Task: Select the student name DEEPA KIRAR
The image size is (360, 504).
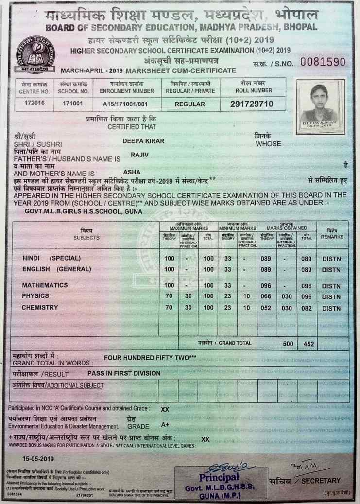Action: click(143, 141)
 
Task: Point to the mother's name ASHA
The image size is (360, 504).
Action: click(132, 172)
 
